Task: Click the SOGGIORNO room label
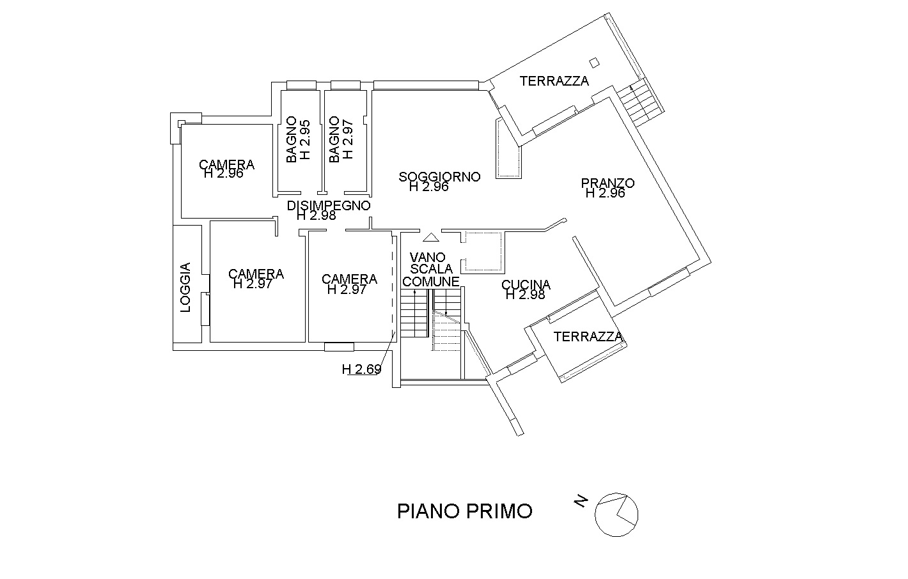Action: [x=439, y=176]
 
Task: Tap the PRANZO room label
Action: [x=607, y=183]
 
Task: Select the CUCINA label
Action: [x=526, y=284]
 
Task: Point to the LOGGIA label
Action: [x=185, y=288]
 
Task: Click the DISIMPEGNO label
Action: [x=329, y=206]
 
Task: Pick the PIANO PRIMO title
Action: [x=465, y=511]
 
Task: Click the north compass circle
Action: [x=616, y=514]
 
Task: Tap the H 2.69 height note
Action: [x=362, y=369]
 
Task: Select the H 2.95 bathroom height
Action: [x=305, y=140]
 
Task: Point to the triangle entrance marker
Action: [x=431, y=237]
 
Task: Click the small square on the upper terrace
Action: [x=595, y=62]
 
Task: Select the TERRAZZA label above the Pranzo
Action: [x=554, y=81]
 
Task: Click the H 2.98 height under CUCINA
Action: [x=525, y=295]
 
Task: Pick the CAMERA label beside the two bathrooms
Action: [x=226, y=164]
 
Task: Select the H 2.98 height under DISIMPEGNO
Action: [x=317, y=216]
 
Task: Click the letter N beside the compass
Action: [x=581, y=502]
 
